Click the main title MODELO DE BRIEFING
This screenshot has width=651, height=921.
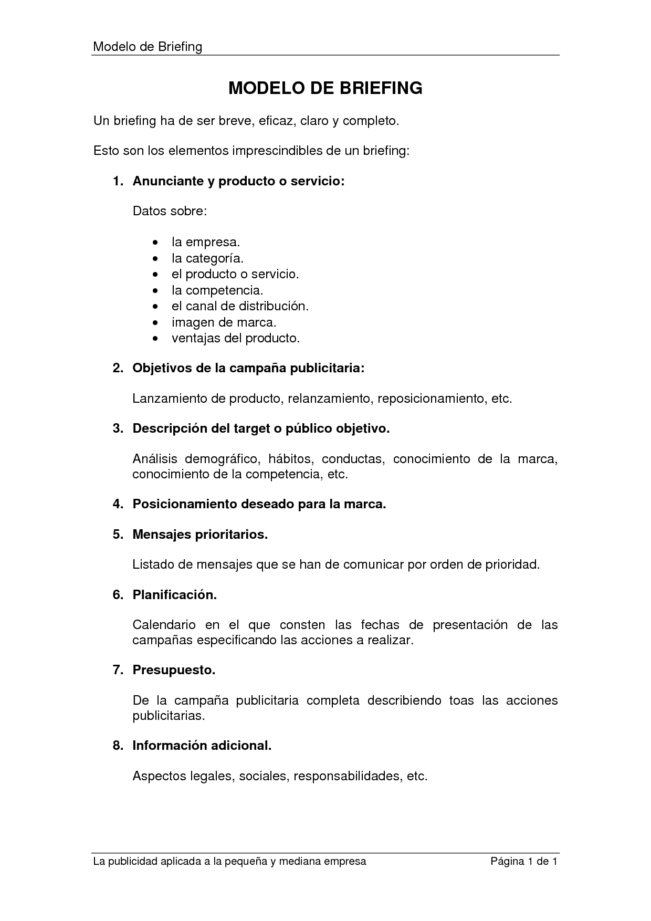pos(325,88)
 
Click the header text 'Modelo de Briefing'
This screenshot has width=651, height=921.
pos(148,47)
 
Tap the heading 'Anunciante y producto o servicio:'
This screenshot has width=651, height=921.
pos(238,181)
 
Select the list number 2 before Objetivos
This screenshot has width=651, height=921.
pos(118,368)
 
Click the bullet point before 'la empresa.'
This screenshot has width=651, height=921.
pos(154,243)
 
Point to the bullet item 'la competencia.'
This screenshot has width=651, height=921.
pos(217,290)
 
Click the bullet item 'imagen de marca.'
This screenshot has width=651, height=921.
pos(224,322)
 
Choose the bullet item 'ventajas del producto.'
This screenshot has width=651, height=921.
pos(235,338)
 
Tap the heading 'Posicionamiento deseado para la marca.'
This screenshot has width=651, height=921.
pos(259,504)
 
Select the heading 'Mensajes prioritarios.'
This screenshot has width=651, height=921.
pos(200,535)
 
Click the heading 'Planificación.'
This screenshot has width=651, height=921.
pos(175,595)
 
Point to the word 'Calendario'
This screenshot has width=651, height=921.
pos(164,625)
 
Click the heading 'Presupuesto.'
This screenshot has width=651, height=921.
pos(174,670)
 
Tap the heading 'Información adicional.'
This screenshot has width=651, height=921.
pos(202,746)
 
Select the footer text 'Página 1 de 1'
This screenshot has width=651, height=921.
pos(523,862)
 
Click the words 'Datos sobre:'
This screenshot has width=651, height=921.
pos(170,211)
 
